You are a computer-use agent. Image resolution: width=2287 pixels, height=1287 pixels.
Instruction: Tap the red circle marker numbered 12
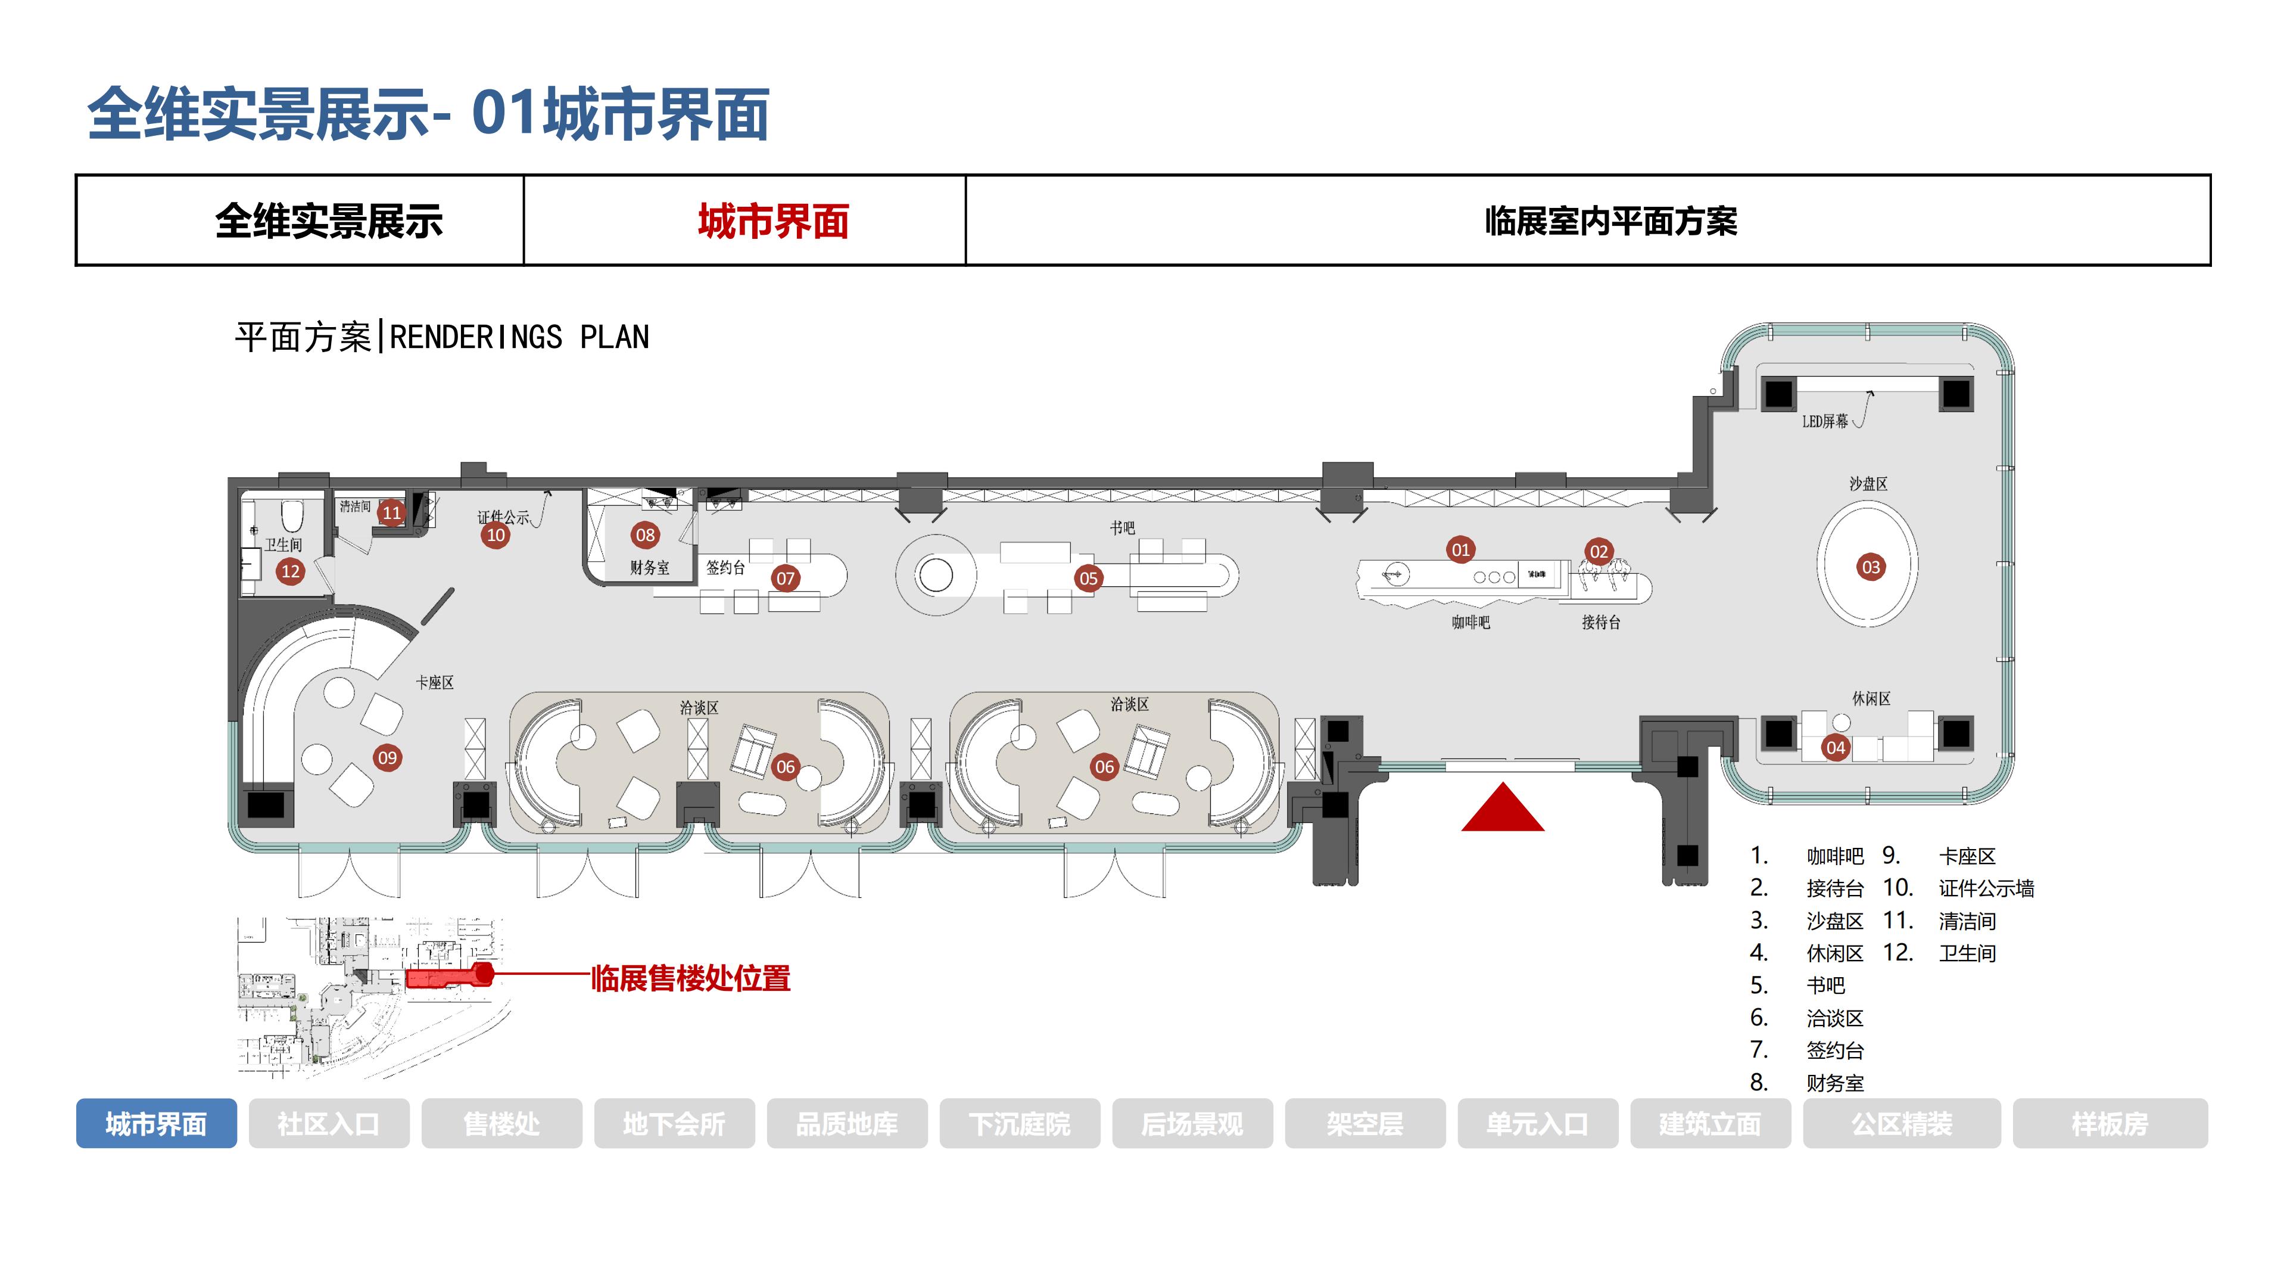tap(290, 571)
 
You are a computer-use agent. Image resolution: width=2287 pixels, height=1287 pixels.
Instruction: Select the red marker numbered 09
tap(387, 758)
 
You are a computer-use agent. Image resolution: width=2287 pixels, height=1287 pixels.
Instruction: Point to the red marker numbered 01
tap(1460, 550)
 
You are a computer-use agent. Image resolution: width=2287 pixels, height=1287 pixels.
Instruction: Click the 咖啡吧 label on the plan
tap(1470, 623)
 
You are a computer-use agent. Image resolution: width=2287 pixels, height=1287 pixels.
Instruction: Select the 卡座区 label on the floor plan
tap(435, 682)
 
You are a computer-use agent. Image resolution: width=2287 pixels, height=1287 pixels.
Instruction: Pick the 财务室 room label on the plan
tap(650, 568)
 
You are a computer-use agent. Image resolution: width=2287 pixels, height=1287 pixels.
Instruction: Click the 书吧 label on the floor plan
tap(1122, 527)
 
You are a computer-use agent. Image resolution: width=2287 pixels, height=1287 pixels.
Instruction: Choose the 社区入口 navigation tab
tap(329, 1124)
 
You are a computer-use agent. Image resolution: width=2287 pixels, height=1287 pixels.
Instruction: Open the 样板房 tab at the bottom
tap(2110, 1124)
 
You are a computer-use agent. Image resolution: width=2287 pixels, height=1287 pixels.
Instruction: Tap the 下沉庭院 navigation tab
tap(1019, 1124)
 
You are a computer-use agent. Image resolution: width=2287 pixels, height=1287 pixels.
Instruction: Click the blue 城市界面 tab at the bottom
tap(156, 1124)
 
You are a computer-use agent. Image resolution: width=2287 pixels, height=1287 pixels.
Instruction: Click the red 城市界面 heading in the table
tap(773, 221)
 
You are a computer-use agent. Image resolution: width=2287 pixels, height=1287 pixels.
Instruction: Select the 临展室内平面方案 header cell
tap(1610, 221)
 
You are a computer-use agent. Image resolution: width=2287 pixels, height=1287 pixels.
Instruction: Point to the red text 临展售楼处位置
tap(691, 978)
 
